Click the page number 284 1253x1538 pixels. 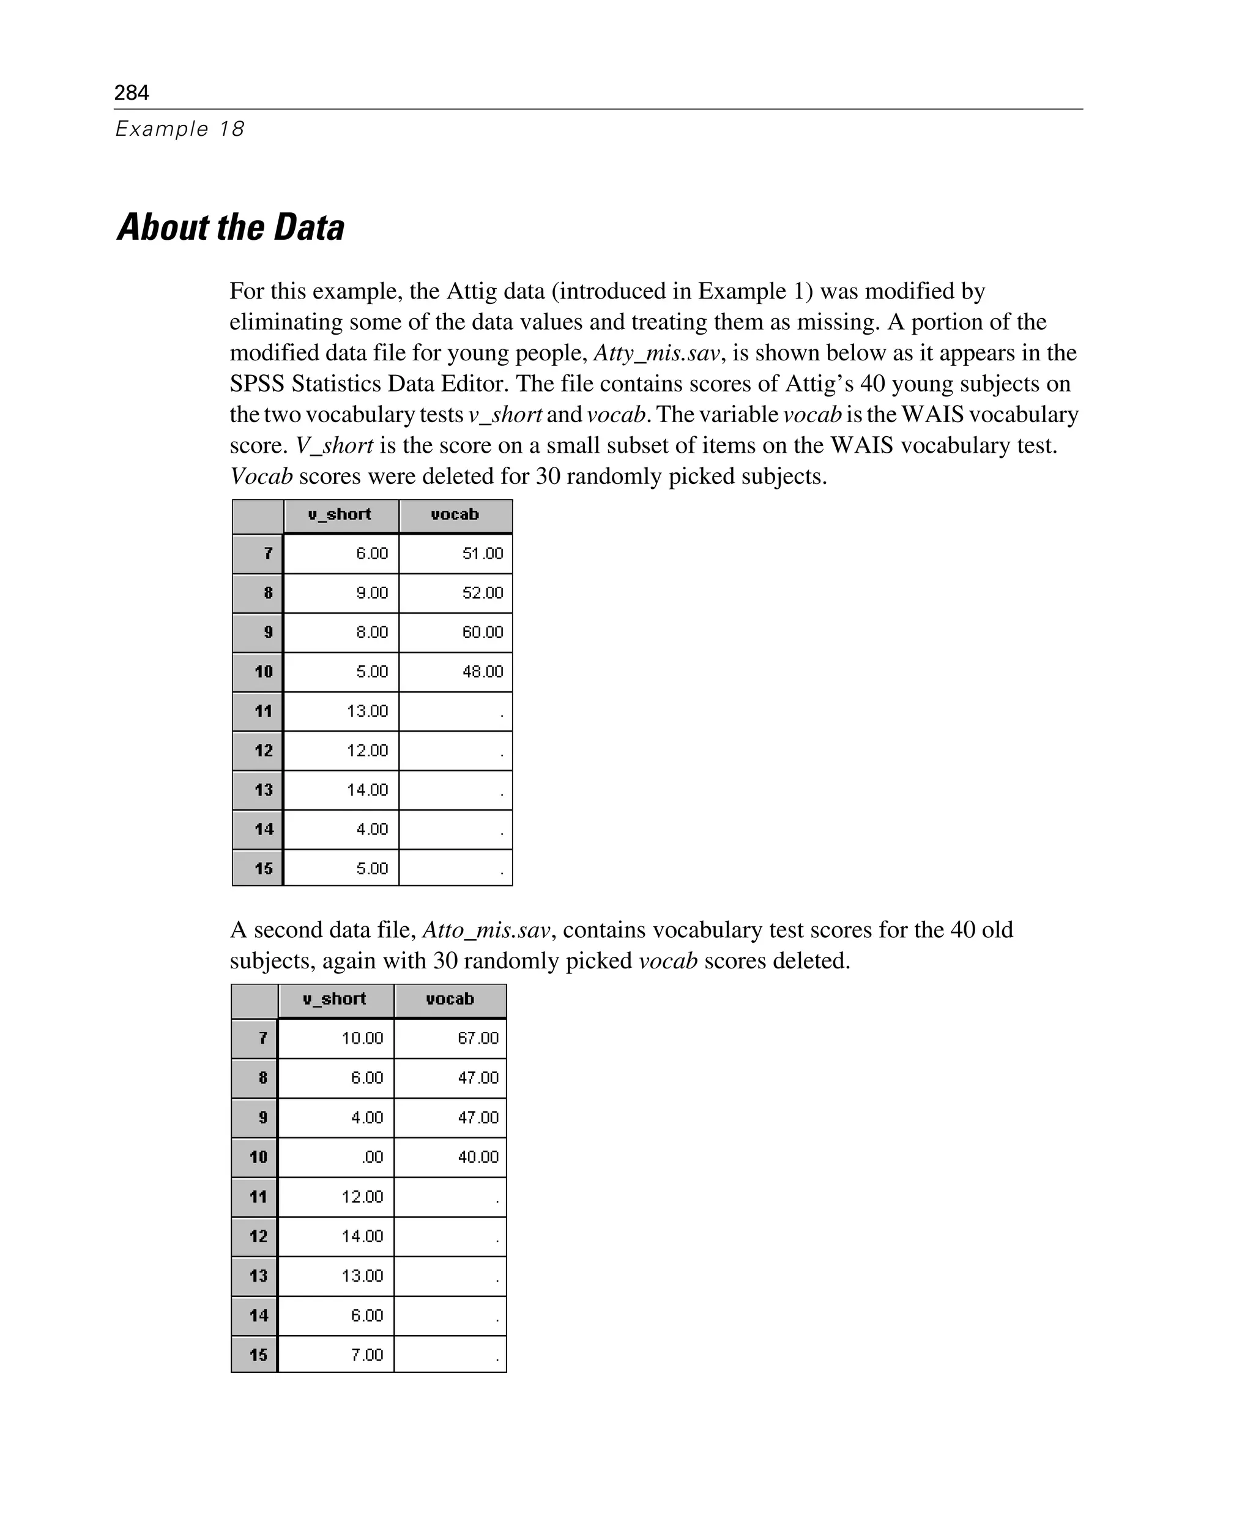click(132, 92)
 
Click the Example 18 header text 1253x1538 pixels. click(180, 128)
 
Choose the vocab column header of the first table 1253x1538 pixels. click(455, 515)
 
